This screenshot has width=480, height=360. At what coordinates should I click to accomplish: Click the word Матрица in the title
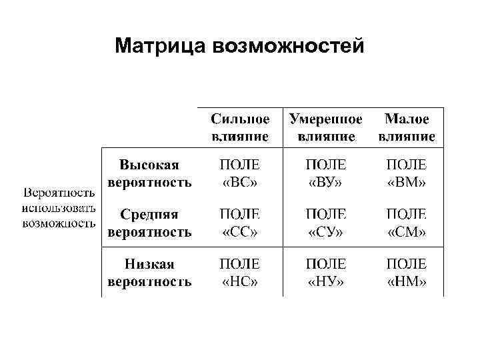(x=161, y=47)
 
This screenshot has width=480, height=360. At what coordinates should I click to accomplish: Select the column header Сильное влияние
(x=240, y=127)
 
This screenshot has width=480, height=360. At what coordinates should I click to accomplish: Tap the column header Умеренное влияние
(x=326, y=127)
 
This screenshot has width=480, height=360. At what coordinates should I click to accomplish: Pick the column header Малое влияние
(x=407, y=127)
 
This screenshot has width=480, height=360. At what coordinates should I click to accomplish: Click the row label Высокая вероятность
(x=149, y=173)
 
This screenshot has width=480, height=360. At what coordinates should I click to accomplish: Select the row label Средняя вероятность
(x=149, y=223)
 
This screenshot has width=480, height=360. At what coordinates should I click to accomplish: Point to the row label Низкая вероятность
(x=149, y=273)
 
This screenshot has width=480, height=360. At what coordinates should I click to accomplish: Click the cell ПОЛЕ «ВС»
(x=240, y=173)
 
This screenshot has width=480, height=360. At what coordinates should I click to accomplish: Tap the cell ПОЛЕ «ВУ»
(x=326, y=173)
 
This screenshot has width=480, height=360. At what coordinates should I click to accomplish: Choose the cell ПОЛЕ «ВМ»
(x=407, y=173)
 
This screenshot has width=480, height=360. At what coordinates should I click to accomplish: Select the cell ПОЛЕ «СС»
(x=240, y=223)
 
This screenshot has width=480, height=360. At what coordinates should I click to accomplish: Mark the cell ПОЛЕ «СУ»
(x=326, y=223)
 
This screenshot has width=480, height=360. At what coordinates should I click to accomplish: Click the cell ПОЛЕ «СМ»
(x=407, y=223)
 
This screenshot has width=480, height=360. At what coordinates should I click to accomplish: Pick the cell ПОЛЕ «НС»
(x=240, y=273)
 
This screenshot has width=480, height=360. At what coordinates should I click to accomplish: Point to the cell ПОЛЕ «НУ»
(x=326, y=273)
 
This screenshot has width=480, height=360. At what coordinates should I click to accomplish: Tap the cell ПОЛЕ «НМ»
(x=407, y=273)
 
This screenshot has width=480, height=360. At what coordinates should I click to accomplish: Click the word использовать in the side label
(x=59, y=208)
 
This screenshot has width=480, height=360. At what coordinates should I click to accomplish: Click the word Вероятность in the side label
(x=59, y=193)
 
